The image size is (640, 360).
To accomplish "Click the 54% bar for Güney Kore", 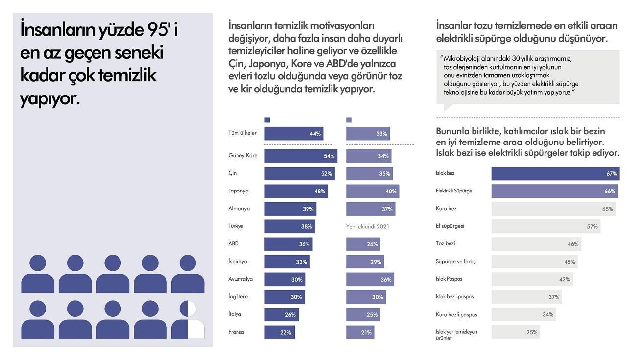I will pos(301,156).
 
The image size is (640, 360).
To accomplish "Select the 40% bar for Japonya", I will pos(372,191).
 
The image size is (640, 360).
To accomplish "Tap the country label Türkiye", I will pos(236,226).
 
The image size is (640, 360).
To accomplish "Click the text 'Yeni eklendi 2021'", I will pos(367,226).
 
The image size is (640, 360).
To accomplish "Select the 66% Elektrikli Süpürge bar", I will pos(554,191).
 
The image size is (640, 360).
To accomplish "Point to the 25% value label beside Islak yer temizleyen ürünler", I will pos(532,332).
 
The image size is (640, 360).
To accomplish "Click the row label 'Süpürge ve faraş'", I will pos(455,262).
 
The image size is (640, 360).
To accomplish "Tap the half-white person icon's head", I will pos(188,309).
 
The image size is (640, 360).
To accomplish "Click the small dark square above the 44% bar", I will pos(267,120).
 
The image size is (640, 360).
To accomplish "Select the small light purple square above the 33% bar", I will pos(349,120).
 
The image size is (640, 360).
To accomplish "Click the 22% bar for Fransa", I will pos(279,332).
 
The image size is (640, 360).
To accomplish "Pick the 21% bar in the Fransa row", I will pos(360,332).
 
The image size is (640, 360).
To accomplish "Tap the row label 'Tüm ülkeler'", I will pos(242,133).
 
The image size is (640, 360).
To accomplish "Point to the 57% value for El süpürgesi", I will pos(592,226).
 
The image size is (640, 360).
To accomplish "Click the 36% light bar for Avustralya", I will pos(370,279).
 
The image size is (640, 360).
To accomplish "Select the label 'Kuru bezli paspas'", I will pos(456,314).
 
